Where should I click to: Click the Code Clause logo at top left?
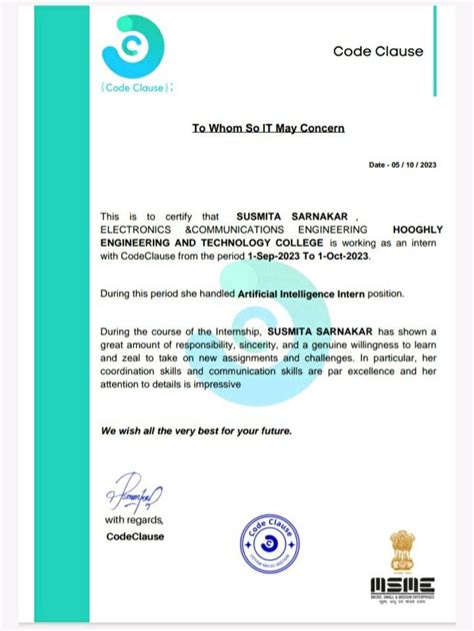(x=129, y=50)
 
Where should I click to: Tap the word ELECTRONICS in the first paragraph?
(x=136, y=229)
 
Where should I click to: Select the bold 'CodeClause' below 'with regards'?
(x=134, y=536)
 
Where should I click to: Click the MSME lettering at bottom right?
(x=403, y=586)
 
